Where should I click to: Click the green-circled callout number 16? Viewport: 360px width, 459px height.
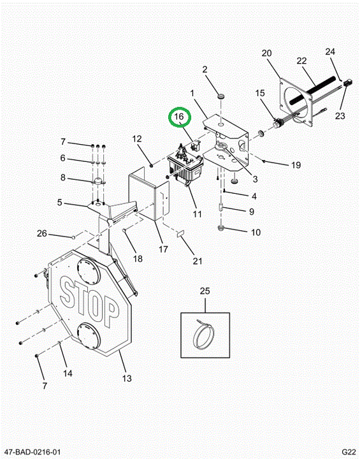pyautogui.click(x=179, y=117)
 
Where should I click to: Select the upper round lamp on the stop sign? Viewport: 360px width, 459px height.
pyautogui.click(x=89, y=271)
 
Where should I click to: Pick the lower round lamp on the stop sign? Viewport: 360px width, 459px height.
pyautogui.click(x=89, y=336)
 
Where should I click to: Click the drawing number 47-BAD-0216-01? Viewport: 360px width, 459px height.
pyautogui.click(x=32, y=452)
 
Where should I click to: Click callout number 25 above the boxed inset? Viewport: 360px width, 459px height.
pyautogui.click(x=205, y=291)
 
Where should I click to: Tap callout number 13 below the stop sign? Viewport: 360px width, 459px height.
pyautogui.click(x=127, y=378)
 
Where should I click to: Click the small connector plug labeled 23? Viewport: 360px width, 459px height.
pyautogui.click(x=347, y=84)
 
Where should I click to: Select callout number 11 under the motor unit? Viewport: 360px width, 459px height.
pyautogui.click(x=198, y=214)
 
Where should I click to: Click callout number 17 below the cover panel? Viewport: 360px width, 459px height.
pyautogui.click(x=163, y=249)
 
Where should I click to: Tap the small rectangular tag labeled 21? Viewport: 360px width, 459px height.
pyautogui.click(x=180, y=233)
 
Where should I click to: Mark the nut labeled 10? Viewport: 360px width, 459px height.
pyautogui.click(x=221, y=228)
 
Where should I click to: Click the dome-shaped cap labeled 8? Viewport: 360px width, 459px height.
pyautogui.click(x=99, y=181)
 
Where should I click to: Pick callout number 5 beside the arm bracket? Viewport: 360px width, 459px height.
pyautogui.click(x=60, y=202)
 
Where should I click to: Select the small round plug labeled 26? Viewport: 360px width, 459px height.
pyautogui.click(x=73, y=237)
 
